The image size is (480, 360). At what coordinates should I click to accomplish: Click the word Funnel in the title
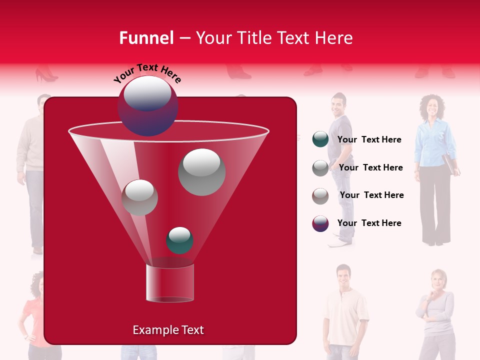coord(146,38)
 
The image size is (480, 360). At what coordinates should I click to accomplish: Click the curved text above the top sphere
coord(147,73)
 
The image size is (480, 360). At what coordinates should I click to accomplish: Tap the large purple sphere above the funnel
coord(147,106)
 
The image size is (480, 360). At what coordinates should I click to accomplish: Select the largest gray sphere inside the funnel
coord(202,172)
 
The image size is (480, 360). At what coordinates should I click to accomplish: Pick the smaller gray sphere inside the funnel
coord(139,197)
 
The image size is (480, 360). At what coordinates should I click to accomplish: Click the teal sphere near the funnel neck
coord(179,240)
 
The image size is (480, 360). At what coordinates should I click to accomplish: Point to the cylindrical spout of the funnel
coord(169,283)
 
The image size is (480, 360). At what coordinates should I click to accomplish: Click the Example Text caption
coord(168,330)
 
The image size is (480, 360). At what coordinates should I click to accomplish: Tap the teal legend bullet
coord(320,139)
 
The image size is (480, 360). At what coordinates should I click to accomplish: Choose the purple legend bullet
coord(320,223)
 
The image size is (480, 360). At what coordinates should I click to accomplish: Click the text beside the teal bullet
coord(369,140)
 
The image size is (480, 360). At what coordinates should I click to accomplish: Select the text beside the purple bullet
coord(369,223)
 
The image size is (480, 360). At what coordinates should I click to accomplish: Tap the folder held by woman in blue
coord(449,164)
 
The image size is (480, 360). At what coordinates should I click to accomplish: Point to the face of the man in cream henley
coord(343,276)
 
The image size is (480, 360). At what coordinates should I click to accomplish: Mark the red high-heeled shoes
coord(46,75)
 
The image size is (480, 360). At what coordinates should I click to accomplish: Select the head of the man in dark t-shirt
coord(338,104)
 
